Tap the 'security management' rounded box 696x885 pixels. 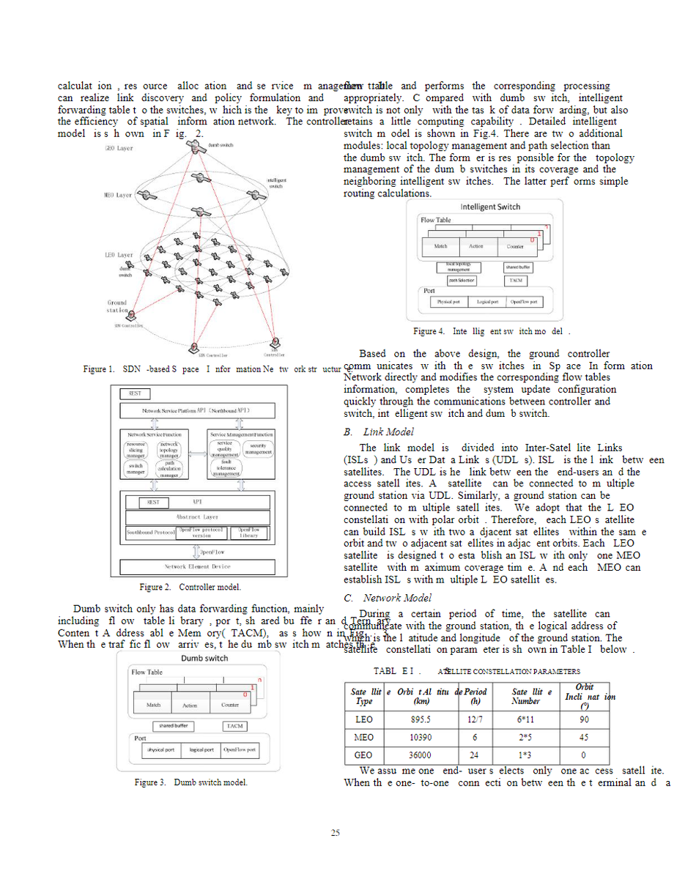[258, 449]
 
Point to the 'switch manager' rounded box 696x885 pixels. [136, 470]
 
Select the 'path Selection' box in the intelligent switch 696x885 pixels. [462, 281]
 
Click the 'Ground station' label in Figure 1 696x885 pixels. [117, 306]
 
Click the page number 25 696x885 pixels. [335, 833]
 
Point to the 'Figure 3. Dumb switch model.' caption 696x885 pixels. [190, 782]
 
